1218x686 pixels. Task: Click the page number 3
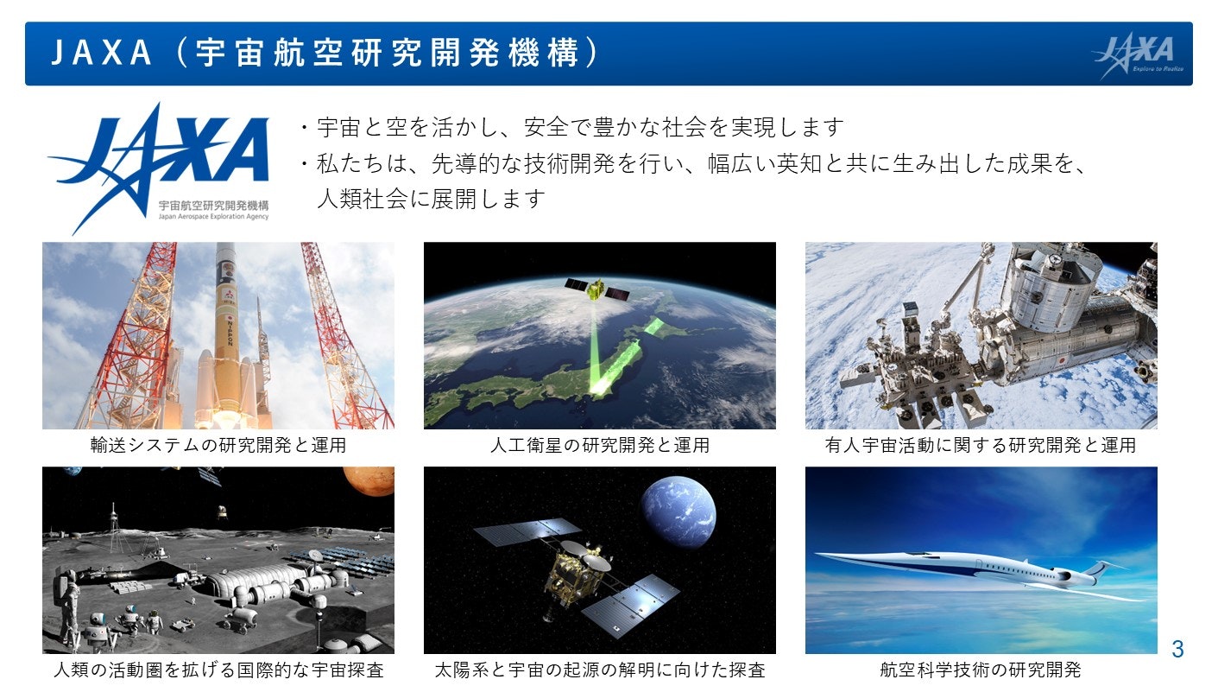1177,649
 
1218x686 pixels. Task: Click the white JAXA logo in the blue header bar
1138,55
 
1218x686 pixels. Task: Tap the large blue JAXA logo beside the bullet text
158,168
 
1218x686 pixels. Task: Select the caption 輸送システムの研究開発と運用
218,445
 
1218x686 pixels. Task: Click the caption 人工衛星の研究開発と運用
600,445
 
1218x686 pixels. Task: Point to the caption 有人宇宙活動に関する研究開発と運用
981,445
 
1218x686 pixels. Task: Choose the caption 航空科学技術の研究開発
981,670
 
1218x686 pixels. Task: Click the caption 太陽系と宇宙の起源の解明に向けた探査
600,670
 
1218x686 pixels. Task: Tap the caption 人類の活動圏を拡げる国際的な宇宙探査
218,670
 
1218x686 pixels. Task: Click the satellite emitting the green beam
597,289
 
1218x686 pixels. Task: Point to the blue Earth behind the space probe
678,511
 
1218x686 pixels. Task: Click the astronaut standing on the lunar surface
68,603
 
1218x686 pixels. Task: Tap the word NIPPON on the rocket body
230,332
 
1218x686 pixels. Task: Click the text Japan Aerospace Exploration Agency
214,217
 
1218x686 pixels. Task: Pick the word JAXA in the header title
101,53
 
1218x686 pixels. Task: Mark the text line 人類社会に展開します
431,198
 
